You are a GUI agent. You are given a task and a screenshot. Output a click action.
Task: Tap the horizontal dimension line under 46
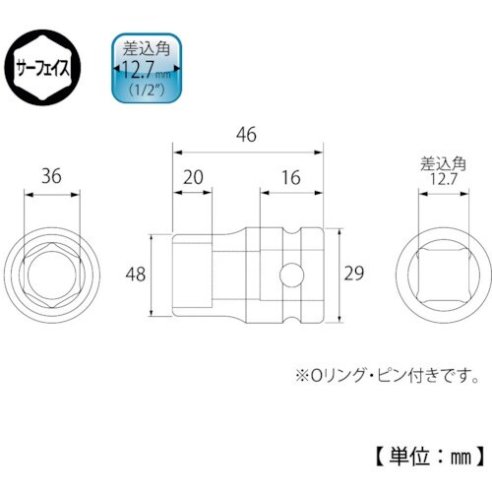[x=248, y=151]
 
